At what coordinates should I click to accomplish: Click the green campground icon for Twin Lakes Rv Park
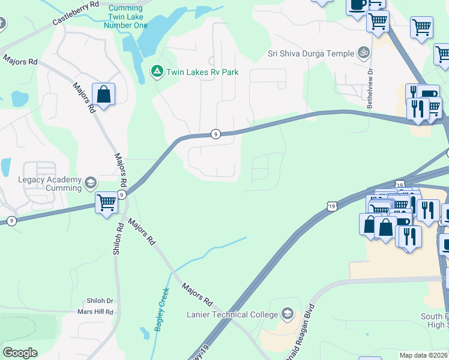coord(157,72)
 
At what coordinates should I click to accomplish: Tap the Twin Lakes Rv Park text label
coord(202,73)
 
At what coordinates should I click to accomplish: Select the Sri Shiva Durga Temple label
coord(311,53)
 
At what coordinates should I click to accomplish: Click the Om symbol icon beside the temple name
coord(363,53)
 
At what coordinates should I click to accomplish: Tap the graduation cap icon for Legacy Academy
coord(91,182)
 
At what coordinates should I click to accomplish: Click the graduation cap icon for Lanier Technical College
coord(288,314)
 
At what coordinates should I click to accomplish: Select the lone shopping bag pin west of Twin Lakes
coord(103,95)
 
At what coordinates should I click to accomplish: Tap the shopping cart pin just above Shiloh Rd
coord(106,203)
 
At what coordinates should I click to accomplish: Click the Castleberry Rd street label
coord(76,13)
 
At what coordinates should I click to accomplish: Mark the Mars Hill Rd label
coord(95,312)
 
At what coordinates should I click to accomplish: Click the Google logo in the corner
coord(20,353)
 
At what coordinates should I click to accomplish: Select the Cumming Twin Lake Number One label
coord(125,17)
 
